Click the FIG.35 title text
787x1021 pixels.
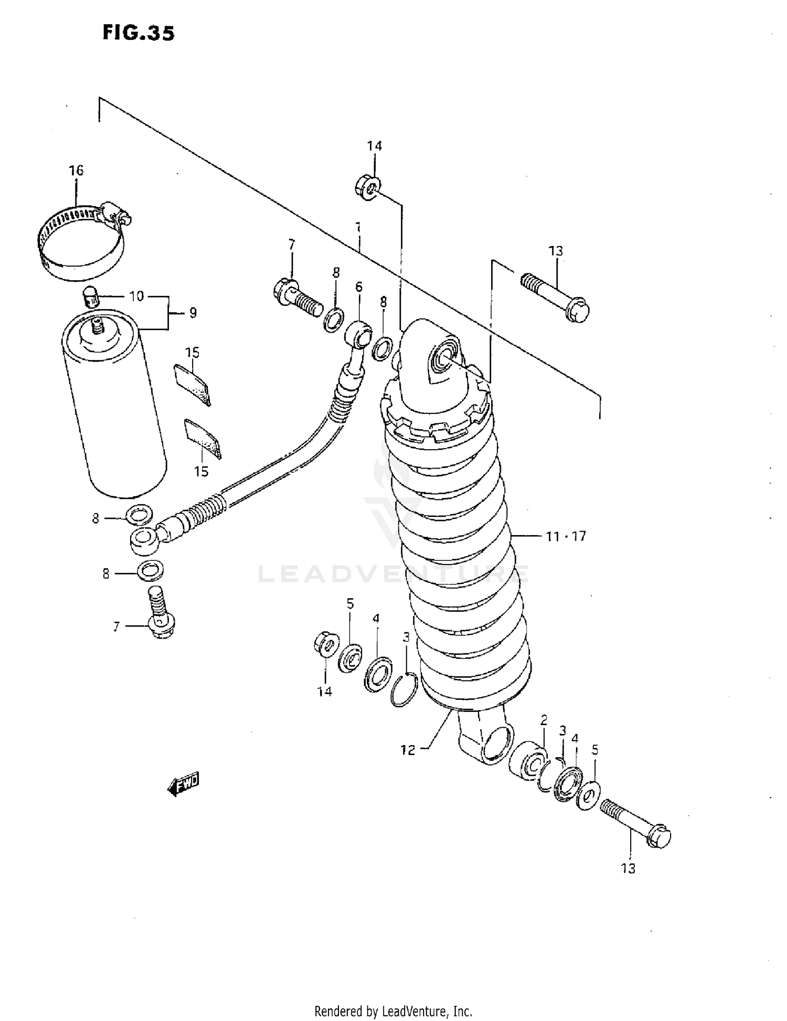[138, 33]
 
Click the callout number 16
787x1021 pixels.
[76, 170]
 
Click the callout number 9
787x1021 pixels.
[193, 313]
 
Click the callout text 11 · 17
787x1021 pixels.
[565, 536]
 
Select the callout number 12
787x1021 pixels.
[408, 750]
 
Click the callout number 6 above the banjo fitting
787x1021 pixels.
[359, 286]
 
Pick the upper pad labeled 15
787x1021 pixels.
[192, 384]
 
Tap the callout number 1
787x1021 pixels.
[358, 227]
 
